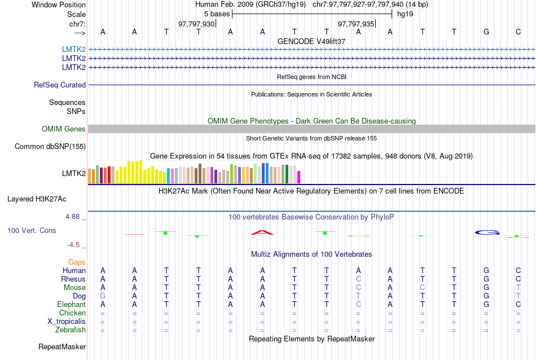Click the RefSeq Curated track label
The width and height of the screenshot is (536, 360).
[60, 85]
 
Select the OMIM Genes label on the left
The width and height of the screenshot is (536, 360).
[64, 129]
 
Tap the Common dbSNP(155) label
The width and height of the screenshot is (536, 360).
[50, 147]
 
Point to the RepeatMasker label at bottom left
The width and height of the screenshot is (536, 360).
[62, 346]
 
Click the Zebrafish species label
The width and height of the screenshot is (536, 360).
[72, 330]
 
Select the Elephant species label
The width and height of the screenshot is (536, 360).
[72, 305]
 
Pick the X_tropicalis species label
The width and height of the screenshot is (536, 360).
[67, 322]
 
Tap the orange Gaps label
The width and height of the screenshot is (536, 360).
[77, 262]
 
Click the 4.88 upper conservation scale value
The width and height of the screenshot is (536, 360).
[73, 217]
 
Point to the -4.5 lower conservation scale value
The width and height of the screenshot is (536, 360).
[75, 245]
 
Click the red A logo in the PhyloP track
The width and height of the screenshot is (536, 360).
[262, 232]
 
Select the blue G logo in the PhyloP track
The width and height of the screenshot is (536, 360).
[486, 232]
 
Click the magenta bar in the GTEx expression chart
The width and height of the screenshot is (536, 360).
[299, 177]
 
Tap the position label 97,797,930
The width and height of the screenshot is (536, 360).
[196, 24]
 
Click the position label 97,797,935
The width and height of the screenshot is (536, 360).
[356, 24]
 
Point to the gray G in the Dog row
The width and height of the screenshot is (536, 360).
[103, 296]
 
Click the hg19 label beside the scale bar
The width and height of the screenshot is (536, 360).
[405, 14]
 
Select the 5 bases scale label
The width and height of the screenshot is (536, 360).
[217, 14]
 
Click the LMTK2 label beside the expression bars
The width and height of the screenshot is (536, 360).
[74, 173]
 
